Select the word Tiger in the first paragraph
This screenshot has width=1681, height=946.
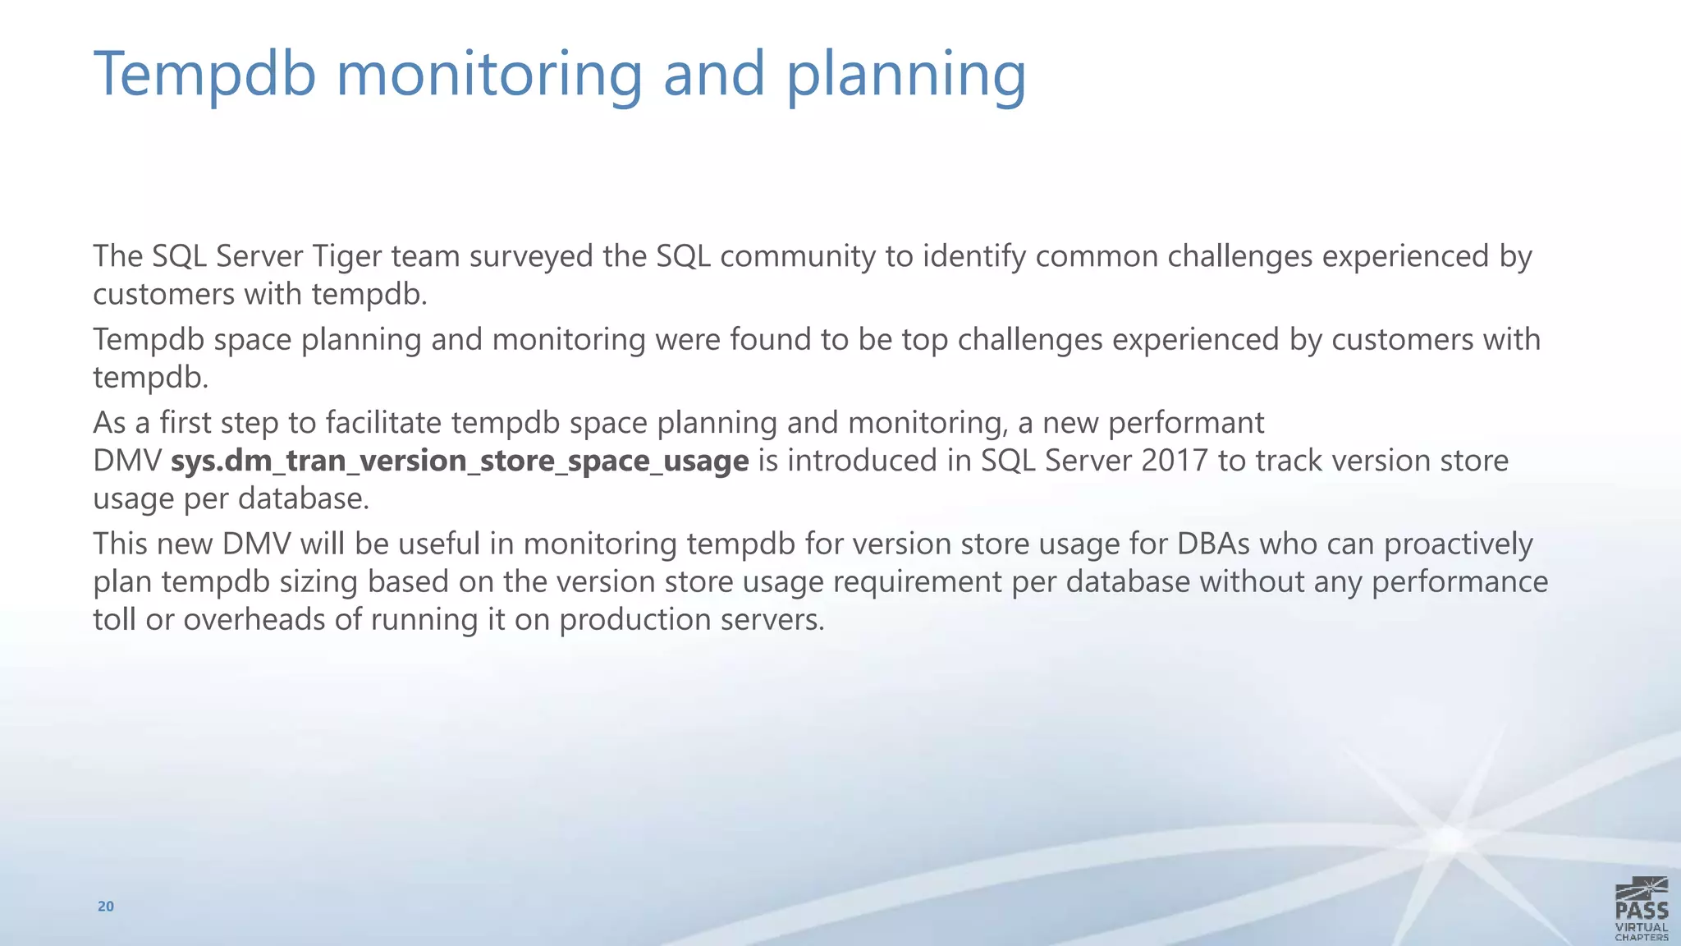coord(346,257)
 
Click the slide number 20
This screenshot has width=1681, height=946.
coord(106,907)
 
